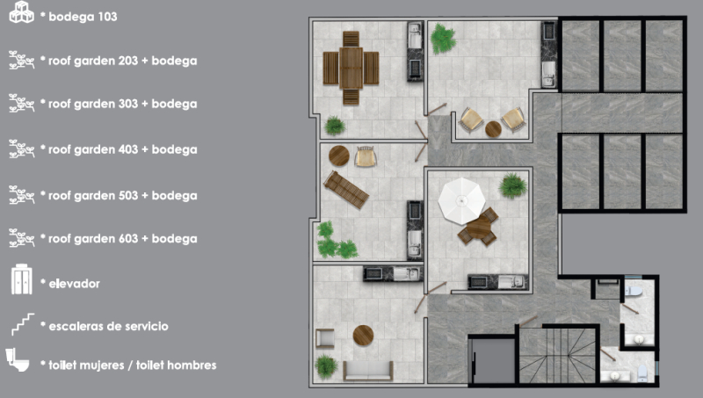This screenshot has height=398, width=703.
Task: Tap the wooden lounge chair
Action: coord(346,190)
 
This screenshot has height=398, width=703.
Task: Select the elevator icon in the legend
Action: coord(21,279)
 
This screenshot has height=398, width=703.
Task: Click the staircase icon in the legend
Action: coord(23,324)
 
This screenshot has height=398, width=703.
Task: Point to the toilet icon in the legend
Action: coord(18,360)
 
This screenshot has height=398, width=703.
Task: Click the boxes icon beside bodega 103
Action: coord(21,12)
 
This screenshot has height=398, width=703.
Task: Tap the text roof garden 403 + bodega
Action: coord(123,149)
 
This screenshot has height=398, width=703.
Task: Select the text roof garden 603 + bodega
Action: coord(123,239)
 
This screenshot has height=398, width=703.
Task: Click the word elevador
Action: coord(75,284)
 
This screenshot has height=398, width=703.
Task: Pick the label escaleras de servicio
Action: coord(108,326)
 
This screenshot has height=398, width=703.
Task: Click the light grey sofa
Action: coord(368,371)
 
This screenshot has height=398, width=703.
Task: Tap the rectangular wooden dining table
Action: coord(351,68)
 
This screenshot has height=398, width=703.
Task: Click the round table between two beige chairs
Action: coord(493,129)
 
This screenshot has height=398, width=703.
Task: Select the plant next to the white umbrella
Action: coord(513,185)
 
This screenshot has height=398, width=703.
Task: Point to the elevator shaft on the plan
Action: coord(492,361)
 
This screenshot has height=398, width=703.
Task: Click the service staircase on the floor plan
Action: coord(559,356)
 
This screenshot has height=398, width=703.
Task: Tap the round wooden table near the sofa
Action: coord(363,336)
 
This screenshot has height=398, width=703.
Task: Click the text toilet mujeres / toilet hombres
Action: coord(133,365)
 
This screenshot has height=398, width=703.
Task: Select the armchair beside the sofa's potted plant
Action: coord(325,338)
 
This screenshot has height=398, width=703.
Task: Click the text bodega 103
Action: coord(83,17)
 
